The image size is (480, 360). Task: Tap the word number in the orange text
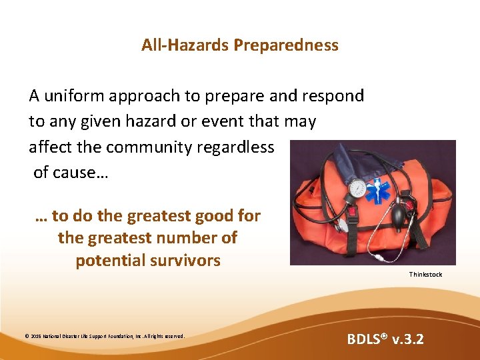[175, 238]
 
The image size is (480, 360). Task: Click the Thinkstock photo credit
[425, 275]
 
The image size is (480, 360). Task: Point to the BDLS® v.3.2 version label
[385, 339]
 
